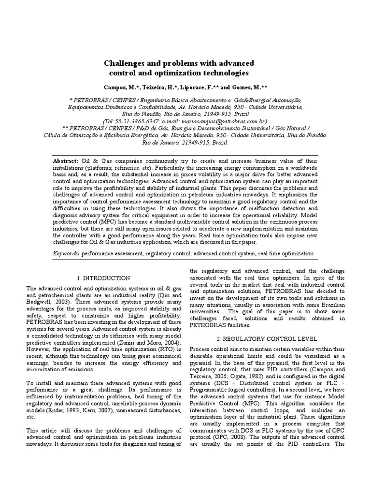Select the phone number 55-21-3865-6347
137,121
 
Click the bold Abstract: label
66,160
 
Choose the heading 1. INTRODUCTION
103,278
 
